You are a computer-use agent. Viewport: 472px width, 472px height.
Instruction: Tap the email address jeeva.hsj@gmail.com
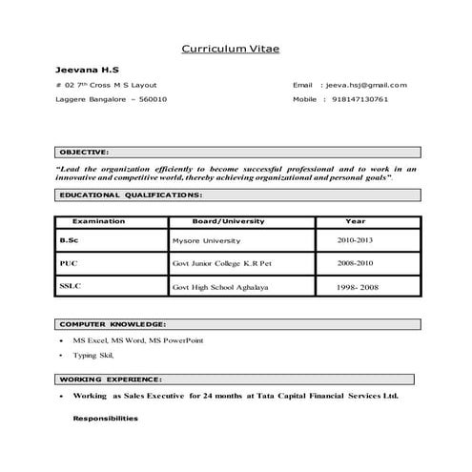click(x=366, y=85)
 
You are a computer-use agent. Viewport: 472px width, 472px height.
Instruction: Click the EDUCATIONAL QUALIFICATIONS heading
click(x=131, y=195)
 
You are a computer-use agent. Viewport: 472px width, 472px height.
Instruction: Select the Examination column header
click(x=99, y=221)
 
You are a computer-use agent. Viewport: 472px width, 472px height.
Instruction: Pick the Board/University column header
click(x=229, y=221)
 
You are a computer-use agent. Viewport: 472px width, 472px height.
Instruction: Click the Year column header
click(x=356, y=221)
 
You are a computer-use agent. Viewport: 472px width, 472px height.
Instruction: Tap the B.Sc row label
click(x=69, y=240)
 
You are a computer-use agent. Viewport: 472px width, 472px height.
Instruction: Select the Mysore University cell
click(x=207, y=241)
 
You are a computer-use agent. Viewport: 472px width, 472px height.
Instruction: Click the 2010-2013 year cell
click(x=355, y=240)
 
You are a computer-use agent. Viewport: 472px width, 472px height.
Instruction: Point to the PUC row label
click(x=69, y=262)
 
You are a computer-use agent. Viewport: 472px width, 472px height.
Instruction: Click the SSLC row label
click(x=71, y=285)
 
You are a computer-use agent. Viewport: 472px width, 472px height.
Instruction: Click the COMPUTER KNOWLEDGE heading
click(x=113, y=324)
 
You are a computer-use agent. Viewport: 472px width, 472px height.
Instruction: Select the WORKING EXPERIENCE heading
click(x=111, y=379)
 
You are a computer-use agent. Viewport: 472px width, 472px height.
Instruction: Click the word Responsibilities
click(x=105, y=419)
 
